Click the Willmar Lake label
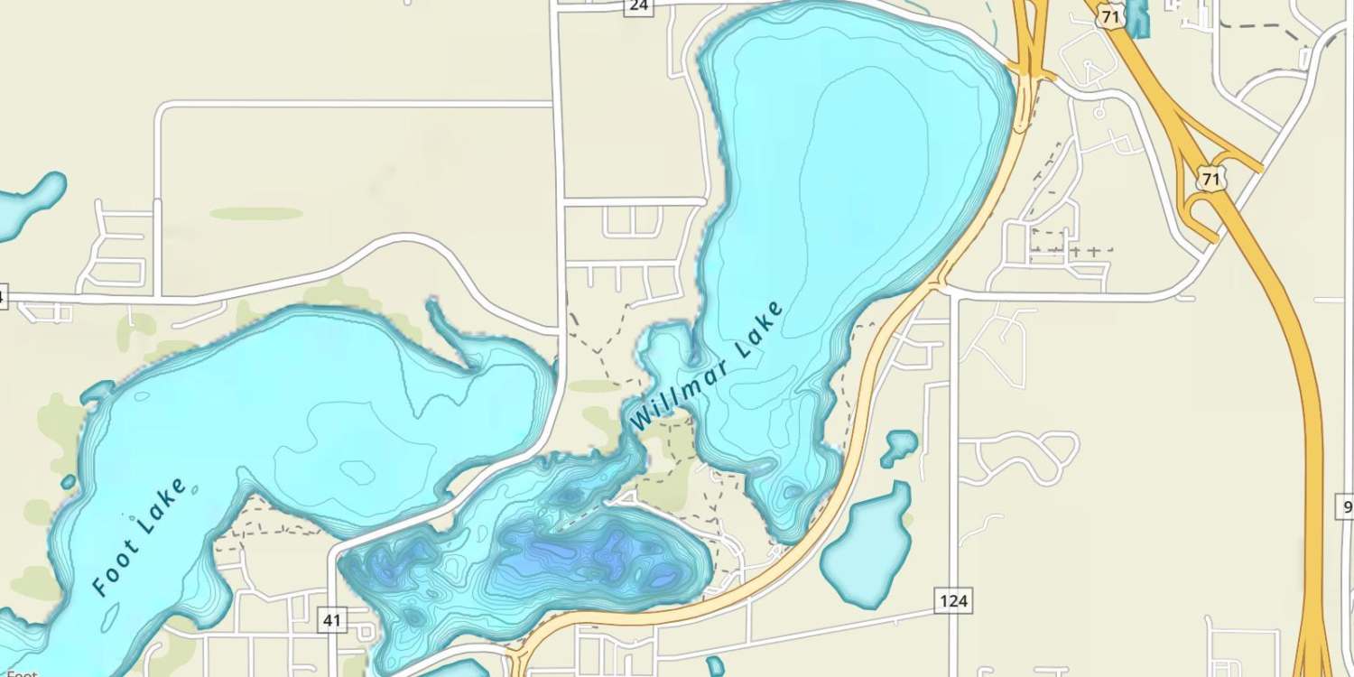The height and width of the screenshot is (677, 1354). coord(706,366)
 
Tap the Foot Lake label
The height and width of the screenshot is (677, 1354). coord(141,538)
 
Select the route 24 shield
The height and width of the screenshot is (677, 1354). coord(638,5)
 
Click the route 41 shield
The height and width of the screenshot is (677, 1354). coord(332,619)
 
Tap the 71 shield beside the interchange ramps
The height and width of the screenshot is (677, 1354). coord(1210,179)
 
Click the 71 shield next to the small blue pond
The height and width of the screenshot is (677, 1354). coord(1113,15)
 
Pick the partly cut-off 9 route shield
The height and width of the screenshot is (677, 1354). coord(1345,507)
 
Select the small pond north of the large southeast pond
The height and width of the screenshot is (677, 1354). coord(899,446)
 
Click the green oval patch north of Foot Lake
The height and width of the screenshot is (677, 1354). coord(256,214)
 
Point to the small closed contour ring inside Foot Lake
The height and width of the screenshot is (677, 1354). coord(358,470)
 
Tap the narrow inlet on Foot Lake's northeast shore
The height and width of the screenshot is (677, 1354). coord(451,338)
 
